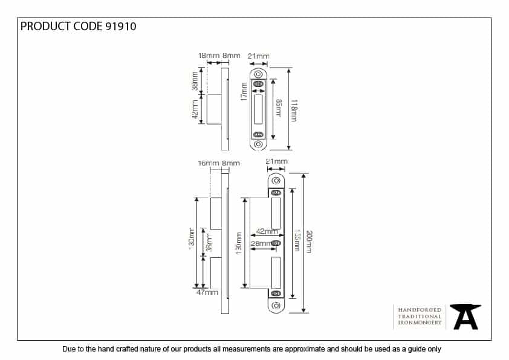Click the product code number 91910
[x=120, y=26]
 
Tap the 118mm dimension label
[x=294, y=111]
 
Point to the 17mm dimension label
[x=244, y=92]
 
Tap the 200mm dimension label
[x=310, y=242]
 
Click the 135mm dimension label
[x=296, y=242]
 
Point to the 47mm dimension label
[x=207, y=292]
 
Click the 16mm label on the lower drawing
[x=208, y=163]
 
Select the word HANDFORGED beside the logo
[x=420, y=309]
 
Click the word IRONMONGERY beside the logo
[x=420, y=324]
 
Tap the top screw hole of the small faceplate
[x=259, y=74]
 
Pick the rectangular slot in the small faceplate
[x=259, y=109]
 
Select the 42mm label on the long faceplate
[x=267, y=231]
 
